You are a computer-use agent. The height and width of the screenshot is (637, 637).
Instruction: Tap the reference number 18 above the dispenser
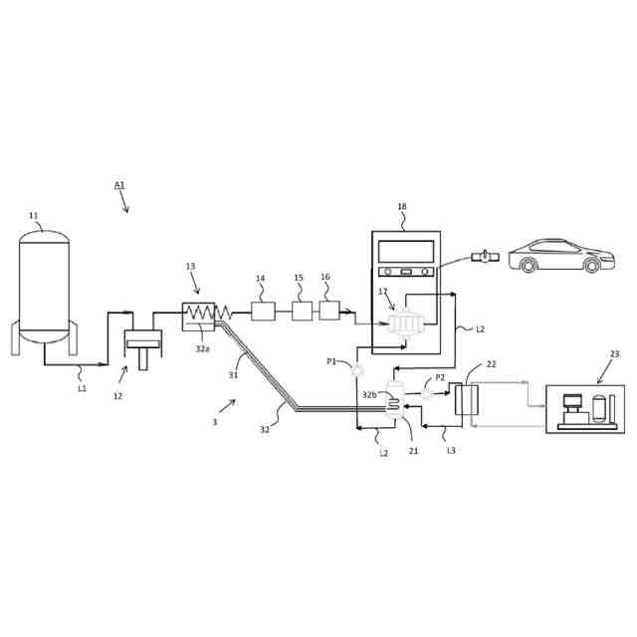click(x=402, y=207)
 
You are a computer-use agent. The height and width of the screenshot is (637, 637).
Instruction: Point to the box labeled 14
click(x=263, y=311)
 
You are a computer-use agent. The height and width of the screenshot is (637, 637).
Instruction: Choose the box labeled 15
click(x=302, y=311)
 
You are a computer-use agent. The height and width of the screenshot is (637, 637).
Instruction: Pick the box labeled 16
click(x=329, y=310)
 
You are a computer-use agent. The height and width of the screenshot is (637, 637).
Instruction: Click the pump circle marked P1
click(x=356, y=371)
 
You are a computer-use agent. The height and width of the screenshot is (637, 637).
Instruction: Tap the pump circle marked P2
click(x=426, y=393)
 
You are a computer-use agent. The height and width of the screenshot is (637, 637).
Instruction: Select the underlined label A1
click(x=119, y=185)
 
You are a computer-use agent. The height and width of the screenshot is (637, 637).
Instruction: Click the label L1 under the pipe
click(x=82, y=389)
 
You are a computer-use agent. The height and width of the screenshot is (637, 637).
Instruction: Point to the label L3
click(x=451, y=451)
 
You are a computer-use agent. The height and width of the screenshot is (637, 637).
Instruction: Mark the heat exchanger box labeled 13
click(x=198, y=316)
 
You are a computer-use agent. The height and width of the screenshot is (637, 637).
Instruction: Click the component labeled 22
click(x=466, y=399)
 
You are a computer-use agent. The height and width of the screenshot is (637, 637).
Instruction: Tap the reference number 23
click(x=614, y=354)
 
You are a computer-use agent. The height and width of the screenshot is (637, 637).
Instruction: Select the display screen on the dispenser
click(x=405, y=251)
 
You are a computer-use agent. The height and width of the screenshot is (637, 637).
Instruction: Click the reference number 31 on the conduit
click(x=233, y=375)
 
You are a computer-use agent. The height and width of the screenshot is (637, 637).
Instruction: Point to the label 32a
click(x=202, y=349)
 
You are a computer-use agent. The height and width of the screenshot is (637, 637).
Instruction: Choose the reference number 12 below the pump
click(x=117, y=396)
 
